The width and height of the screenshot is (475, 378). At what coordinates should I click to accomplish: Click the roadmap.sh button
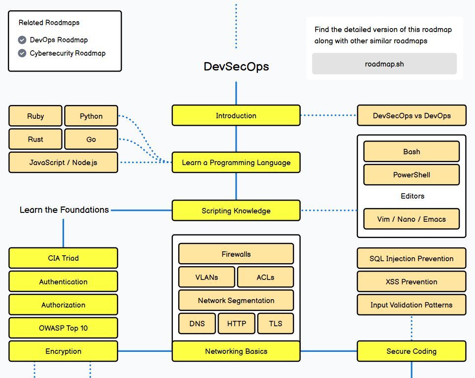click(x=384, y=64)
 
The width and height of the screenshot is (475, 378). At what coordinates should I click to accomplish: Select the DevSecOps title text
click(x=236, y=67)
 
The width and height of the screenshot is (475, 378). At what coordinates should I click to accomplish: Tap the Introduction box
click(x=236, y=116)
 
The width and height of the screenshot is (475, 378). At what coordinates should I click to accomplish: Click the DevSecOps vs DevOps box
click(x=412, y=116)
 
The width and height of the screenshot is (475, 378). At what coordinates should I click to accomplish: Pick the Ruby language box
click(x=35, y=116)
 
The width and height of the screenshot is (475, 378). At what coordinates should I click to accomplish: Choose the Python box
click(x=91, y=116)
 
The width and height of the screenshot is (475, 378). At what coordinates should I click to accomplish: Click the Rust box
click(x=35, y=139)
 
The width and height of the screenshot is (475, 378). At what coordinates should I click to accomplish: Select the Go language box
click(x=91, y=139)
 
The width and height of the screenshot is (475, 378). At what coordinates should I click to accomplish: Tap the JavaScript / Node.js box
click(x=63, y=163)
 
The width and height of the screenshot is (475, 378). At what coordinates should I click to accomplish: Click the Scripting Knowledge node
click(x=236, y=211)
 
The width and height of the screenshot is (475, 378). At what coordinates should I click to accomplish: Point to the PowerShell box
click(x=412, y=175)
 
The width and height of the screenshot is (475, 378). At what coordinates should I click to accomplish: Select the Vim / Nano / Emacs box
click(x=412, y=219)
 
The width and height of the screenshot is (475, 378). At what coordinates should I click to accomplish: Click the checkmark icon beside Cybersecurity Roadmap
click(x=22, y=53)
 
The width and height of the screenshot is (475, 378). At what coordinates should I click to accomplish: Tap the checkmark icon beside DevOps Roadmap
click(x=22, y=40)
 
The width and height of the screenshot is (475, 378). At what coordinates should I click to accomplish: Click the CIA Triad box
click(x=63, y=258)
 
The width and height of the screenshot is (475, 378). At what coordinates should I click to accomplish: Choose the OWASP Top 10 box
click(x=63, y=328)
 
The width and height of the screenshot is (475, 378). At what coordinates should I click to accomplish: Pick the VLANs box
click(x=207, y=277)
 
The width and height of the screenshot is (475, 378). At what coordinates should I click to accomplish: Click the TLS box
click(x=276, y=324)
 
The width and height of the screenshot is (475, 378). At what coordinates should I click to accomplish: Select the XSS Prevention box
click(x=412, y=282)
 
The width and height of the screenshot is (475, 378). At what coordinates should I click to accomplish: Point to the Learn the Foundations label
click(x=64, y=210)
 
